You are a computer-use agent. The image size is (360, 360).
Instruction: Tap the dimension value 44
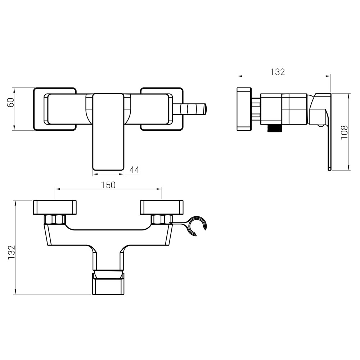134,170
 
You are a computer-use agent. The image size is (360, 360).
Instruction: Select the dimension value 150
108,185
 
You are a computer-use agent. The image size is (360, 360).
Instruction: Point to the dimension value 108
344,132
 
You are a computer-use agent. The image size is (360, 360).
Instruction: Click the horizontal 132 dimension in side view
277,72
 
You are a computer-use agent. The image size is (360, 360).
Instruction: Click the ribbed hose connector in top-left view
189,109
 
